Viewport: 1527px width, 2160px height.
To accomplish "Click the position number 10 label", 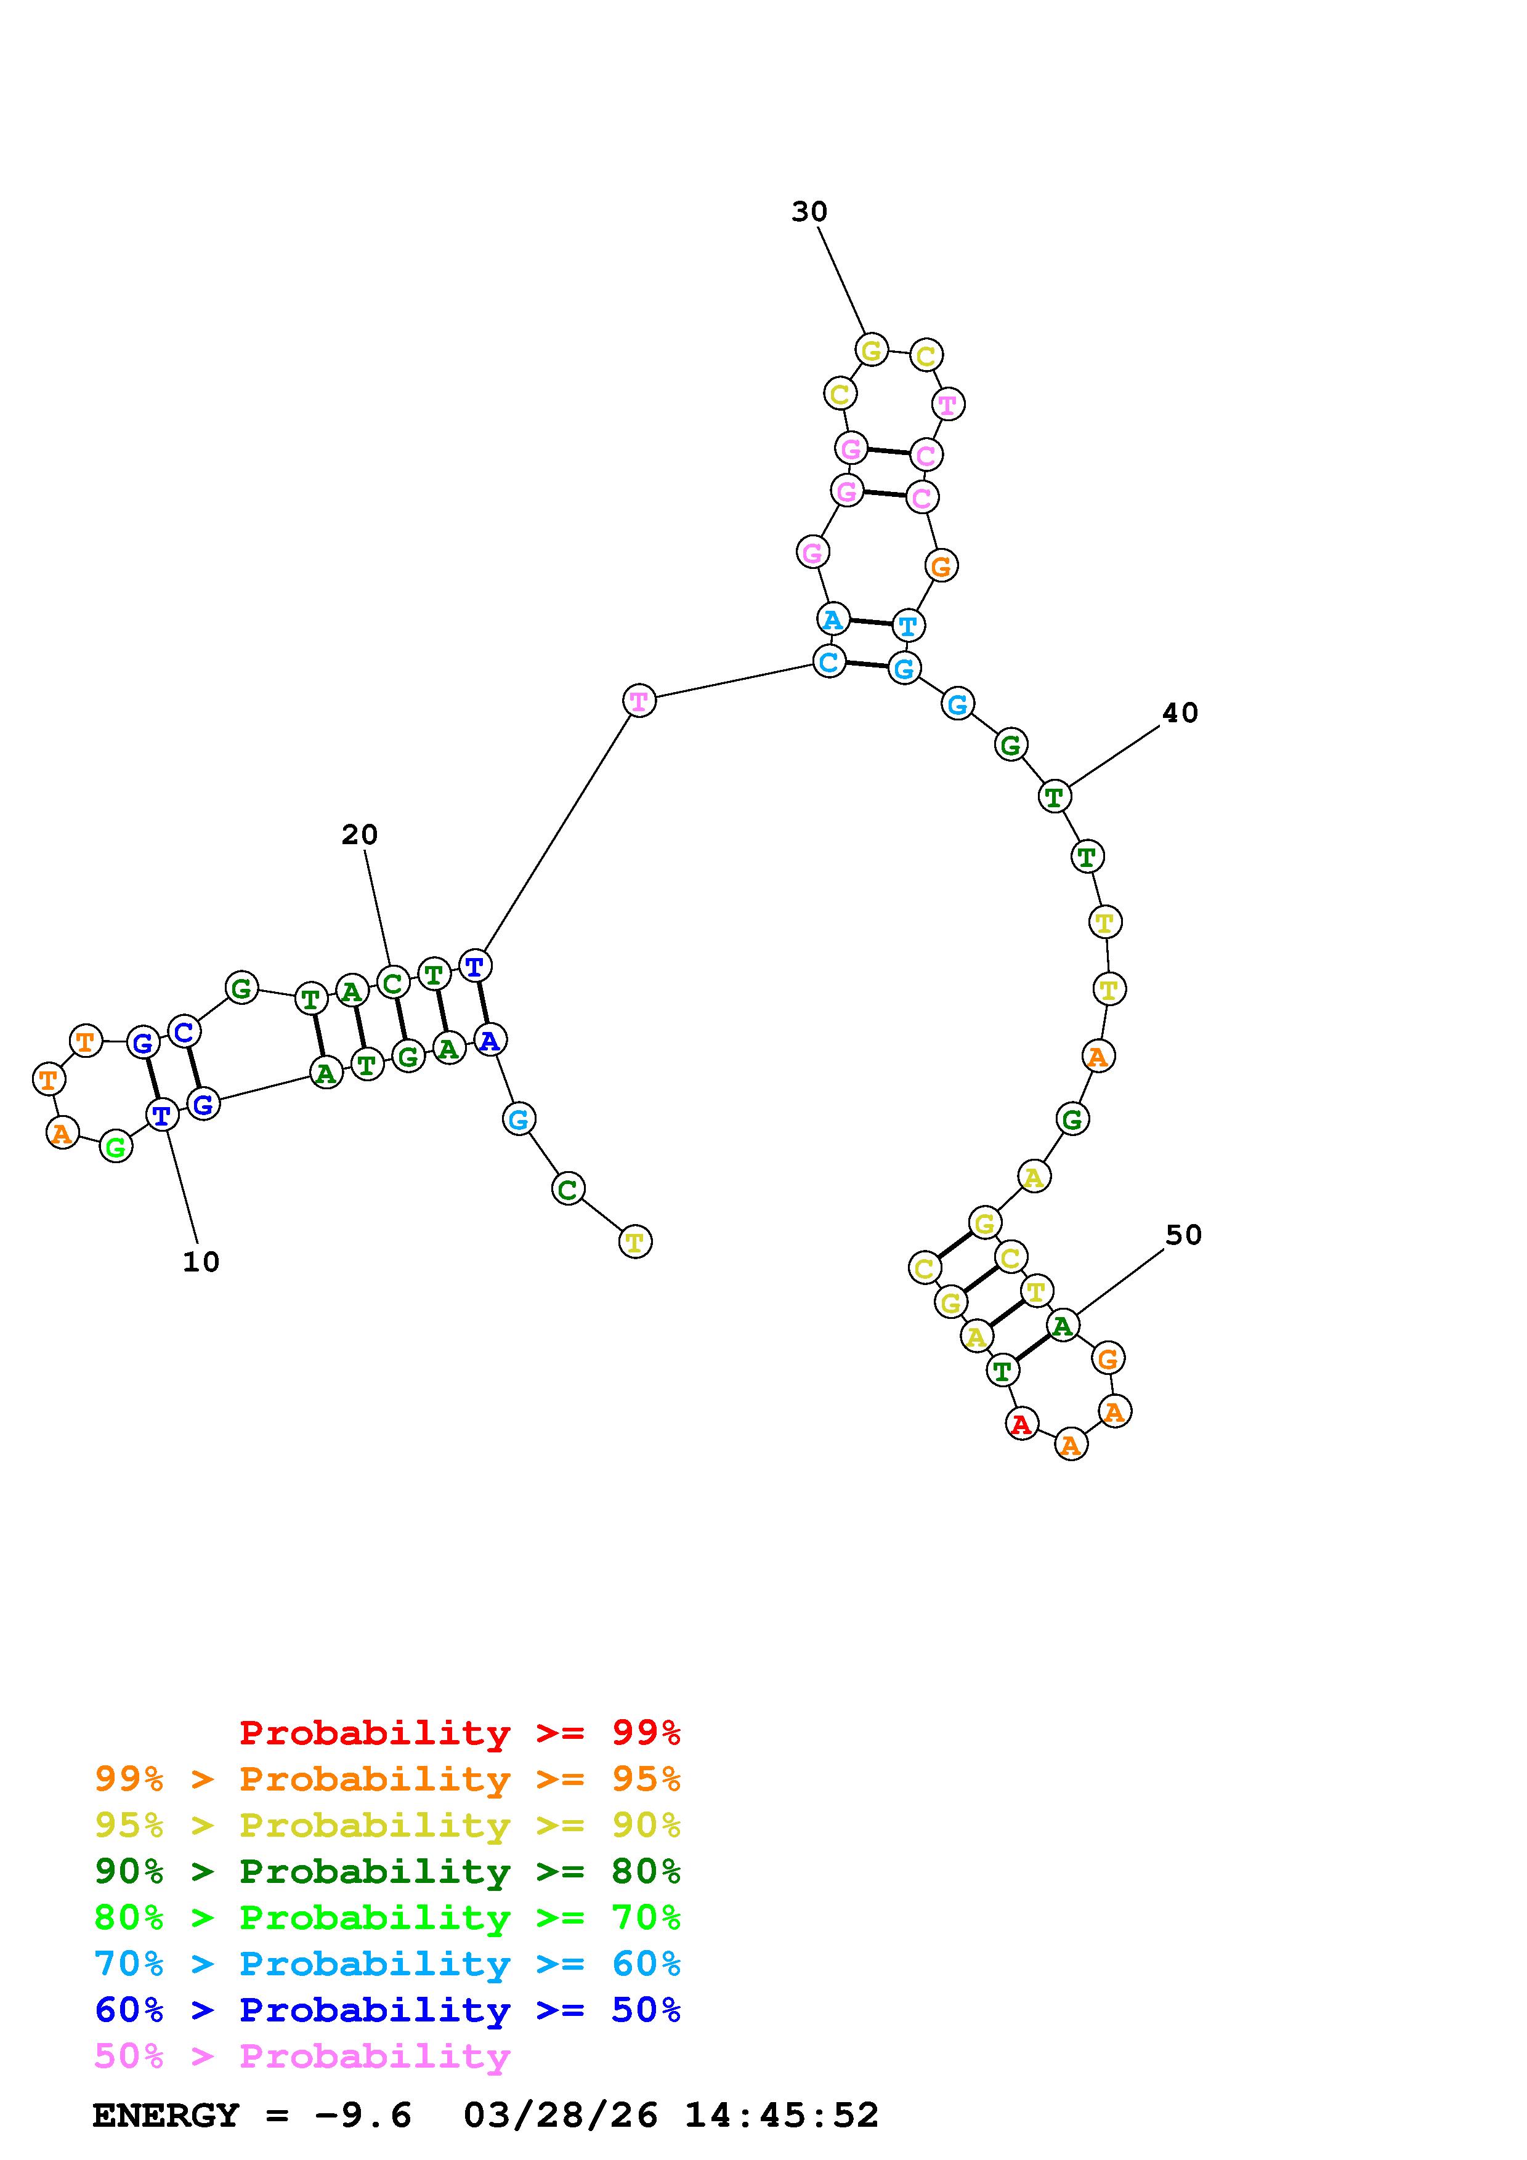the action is click(200, 1262).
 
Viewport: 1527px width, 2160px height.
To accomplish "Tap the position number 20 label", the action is click(359, 834).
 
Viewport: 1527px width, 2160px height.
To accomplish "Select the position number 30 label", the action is click(809, 212).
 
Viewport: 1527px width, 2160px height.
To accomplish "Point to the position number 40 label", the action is click(1180, 713).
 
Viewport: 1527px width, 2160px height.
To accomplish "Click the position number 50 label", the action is click(1183, 1235).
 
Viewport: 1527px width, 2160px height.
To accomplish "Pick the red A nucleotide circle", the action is click(1021, 1424).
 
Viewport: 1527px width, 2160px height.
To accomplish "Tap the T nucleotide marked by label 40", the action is click(1055, 797).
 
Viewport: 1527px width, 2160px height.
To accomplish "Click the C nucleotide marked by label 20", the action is click(392, 983).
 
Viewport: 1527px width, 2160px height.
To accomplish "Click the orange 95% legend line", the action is click(387, 1779).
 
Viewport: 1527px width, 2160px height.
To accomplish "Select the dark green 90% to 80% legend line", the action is click(387, 1871).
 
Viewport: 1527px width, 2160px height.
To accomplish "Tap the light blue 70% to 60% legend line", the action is click(387, 1964).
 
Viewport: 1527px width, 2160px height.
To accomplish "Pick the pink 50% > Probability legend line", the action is click(302, 2057).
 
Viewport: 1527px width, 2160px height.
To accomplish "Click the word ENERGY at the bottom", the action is click(166, 2116).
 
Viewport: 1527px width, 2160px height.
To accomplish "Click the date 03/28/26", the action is click(561, 2116).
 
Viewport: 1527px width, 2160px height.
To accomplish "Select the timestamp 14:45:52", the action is click(781, 2116).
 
